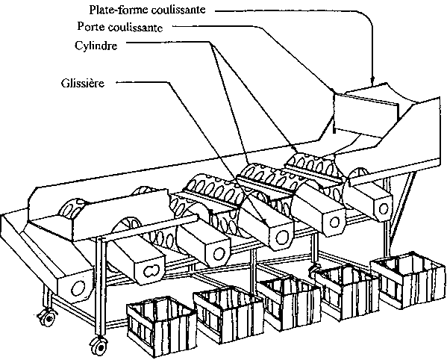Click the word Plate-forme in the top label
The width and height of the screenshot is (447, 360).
(119, 10)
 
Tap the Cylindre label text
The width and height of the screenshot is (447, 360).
(96, 46)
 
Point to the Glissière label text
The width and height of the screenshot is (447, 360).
(83, 83)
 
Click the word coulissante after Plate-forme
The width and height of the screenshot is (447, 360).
(178, 10)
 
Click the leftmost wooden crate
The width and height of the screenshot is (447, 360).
(160, 325)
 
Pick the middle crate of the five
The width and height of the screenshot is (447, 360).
(289, 302)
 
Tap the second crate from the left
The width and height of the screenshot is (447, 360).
(228, 314)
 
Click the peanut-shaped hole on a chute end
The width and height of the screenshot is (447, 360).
(151, 271)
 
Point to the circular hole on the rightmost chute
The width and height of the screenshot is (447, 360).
(383, 208)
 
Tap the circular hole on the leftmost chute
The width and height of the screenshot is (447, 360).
(78, 288)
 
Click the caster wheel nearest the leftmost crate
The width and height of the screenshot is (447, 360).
(99, 345)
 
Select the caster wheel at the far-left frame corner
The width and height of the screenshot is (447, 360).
(47, 316)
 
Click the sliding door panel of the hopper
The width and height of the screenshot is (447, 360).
(366, 113)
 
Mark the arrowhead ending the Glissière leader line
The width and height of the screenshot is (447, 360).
(264, 222)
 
